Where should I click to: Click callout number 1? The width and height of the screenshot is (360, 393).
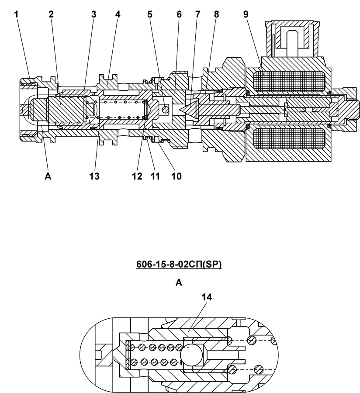click(17, 14)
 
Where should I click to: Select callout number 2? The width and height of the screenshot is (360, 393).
click(51, 14)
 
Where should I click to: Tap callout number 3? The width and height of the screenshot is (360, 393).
click(94, 14)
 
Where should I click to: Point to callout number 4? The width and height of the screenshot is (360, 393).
click(118, 14)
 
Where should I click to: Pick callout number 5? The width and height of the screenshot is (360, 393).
click(150, 14)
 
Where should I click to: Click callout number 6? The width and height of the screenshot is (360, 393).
click(179, 14)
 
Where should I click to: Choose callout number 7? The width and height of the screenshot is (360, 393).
click(198, 14)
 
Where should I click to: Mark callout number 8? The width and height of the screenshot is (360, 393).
click(217, 14)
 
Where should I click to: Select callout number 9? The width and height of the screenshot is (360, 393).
click(246, 14)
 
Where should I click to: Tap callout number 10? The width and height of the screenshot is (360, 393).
click(177, 176)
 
